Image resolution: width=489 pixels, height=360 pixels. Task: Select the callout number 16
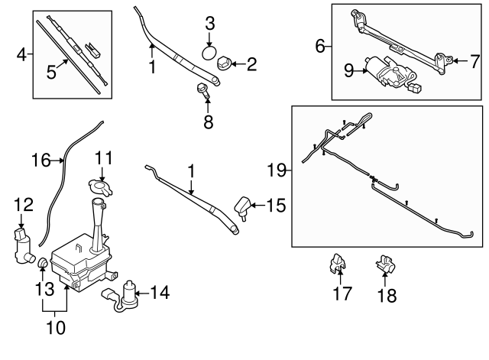tap(40, 161)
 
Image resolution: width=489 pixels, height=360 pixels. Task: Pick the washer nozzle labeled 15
tap(243, 206)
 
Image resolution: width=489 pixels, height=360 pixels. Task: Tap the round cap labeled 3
tap(209, 54)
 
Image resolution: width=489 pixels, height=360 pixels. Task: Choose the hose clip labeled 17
tap(335, 264)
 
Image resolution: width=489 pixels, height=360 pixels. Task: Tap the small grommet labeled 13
tap(44, 264)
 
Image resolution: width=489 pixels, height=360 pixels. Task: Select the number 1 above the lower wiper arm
tap(192, 172)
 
